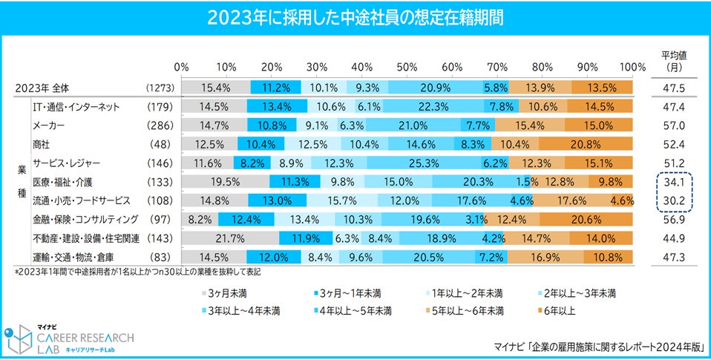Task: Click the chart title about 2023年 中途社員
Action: tap(355, 17)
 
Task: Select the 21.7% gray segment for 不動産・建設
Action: tap(229, 238)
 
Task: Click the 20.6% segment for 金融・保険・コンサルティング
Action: tap(586, 220)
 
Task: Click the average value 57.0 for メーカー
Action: tap(676, 125)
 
